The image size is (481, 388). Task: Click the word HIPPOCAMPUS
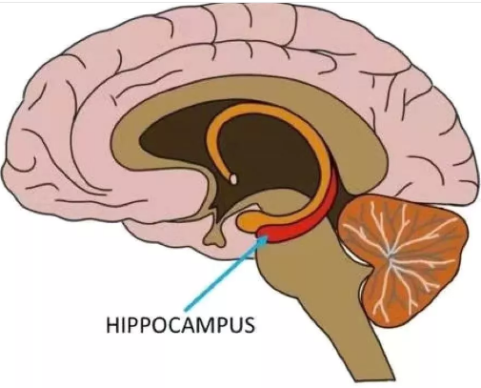[x=180, y=324]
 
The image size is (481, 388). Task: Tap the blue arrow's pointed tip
[x=266, y=236]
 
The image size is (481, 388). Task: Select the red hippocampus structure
[x=298, y=214]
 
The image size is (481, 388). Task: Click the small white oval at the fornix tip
[x=233, y=179]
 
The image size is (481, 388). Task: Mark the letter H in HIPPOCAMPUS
[x=112, y=324]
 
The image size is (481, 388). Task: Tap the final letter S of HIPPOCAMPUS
[x=250, y=324]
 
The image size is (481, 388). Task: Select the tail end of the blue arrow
[x=186, y=309]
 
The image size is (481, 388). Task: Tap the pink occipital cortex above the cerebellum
[x=438, y=153]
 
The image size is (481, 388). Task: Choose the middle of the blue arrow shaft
[x=226, y=273]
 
